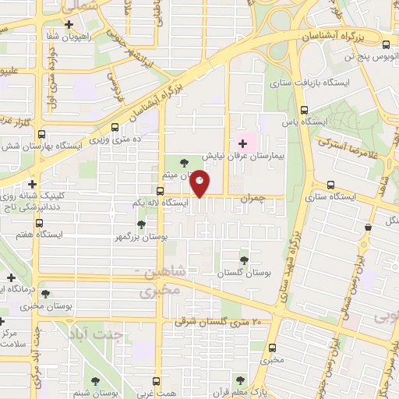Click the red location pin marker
200,182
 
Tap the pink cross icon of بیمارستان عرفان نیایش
242,143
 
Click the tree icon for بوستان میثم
184,163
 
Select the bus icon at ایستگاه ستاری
332,185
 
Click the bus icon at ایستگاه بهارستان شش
41,133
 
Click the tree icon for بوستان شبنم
95,381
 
